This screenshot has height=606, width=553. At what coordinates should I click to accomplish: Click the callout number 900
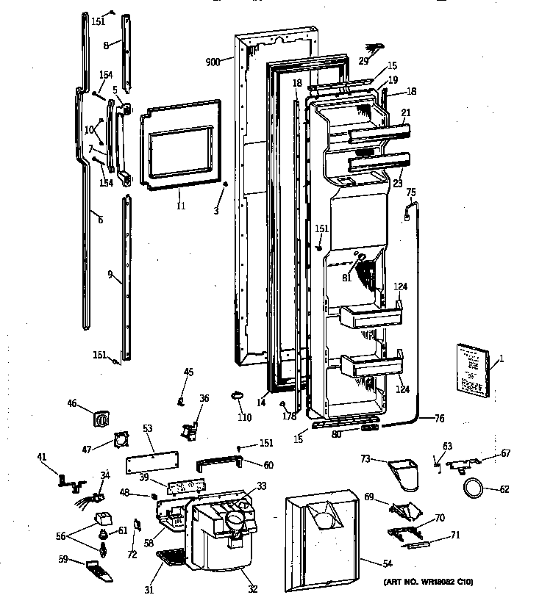[214, 62]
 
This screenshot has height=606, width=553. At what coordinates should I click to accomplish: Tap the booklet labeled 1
[468, 370]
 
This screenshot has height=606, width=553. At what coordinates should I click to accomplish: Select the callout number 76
[439, 419]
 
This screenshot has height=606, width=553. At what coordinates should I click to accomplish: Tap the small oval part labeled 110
[237, 397]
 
